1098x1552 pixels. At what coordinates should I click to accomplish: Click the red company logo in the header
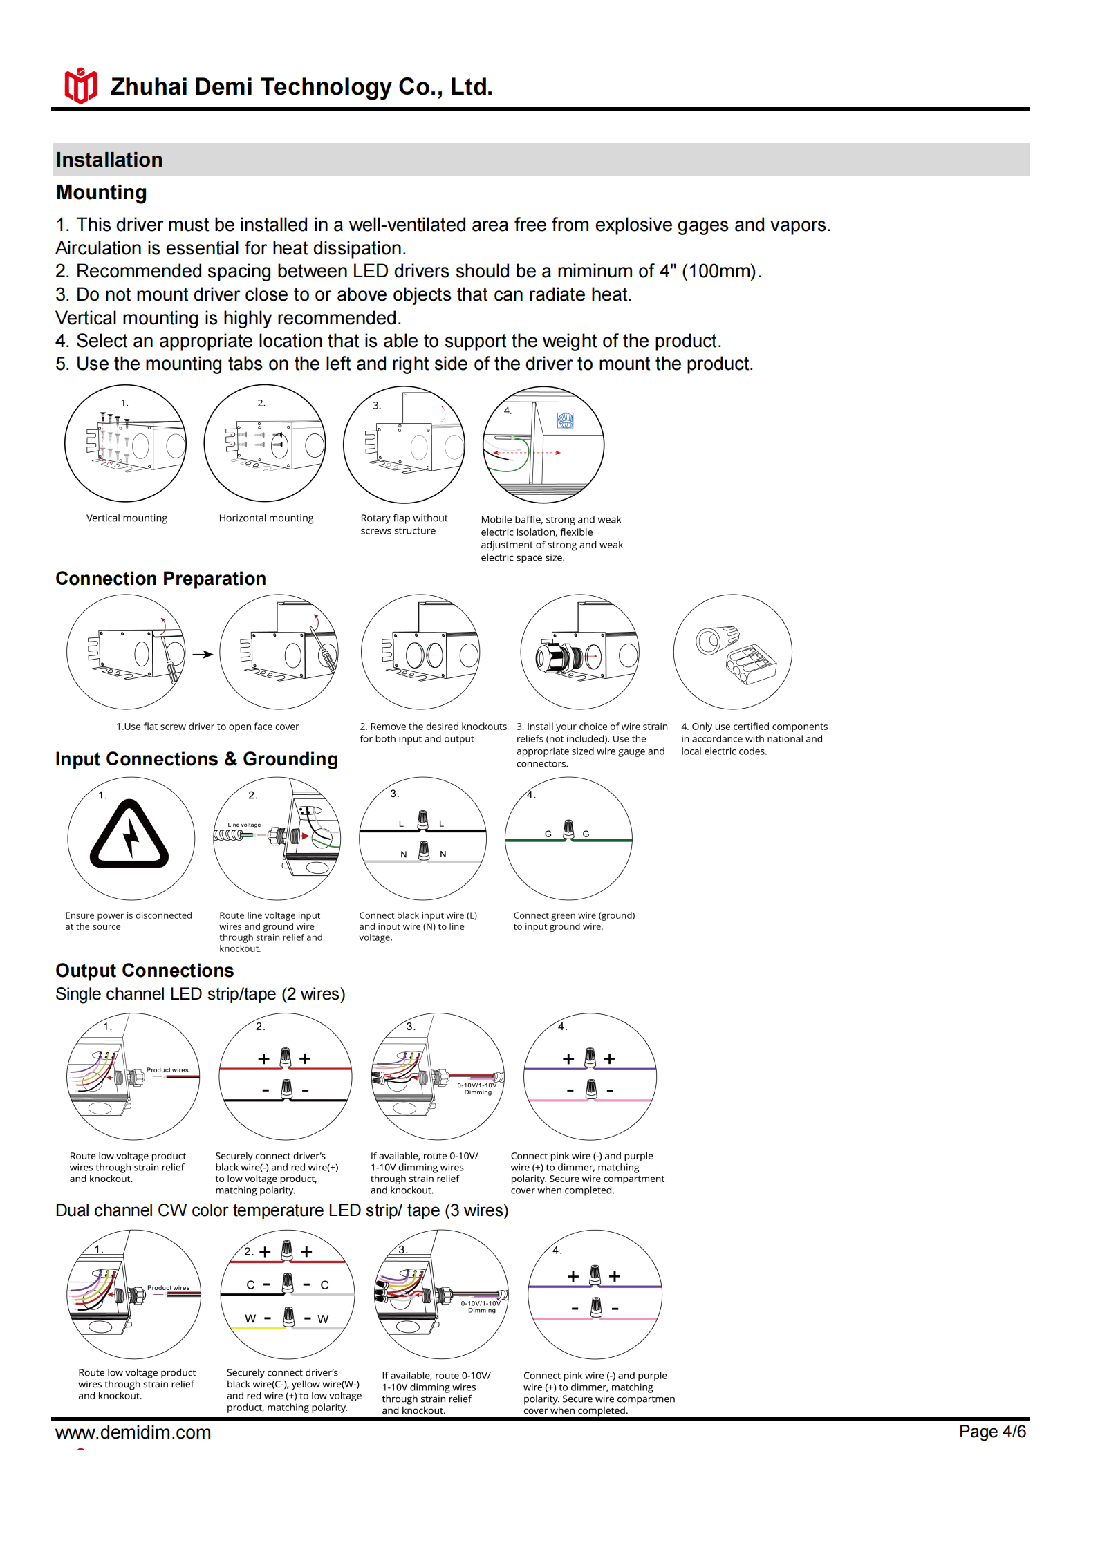coord(80,86)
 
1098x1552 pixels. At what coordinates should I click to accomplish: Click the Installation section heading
coord(109,160)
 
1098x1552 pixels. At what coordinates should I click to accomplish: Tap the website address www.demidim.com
coord(133,1432)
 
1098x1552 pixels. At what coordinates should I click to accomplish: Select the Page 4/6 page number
coord(992,1431)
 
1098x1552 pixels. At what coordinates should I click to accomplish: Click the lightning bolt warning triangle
coord(129,835)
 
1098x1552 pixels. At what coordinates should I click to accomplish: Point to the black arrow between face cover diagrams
coord(202,654)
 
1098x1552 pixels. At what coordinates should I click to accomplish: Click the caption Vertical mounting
coord(127,518)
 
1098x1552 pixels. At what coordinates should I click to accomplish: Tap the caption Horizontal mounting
coord(266,518)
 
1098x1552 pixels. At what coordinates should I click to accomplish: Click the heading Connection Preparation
coord(160,579)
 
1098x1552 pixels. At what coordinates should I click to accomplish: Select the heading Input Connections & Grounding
coord(196,759)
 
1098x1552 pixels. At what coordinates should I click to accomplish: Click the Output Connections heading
coord(145,971)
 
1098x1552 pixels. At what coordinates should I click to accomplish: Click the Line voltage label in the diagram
coord(244,825)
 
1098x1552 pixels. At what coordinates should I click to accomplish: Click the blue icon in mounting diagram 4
coord(565,420)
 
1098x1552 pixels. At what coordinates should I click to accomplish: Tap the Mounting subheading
coord(101,192)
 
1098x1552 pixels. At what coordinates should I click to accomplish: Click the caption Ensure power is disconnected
coord(129,915)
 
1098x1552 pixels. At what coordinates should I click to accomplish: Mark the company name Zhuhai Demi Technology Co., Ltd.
coord(301,87)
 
